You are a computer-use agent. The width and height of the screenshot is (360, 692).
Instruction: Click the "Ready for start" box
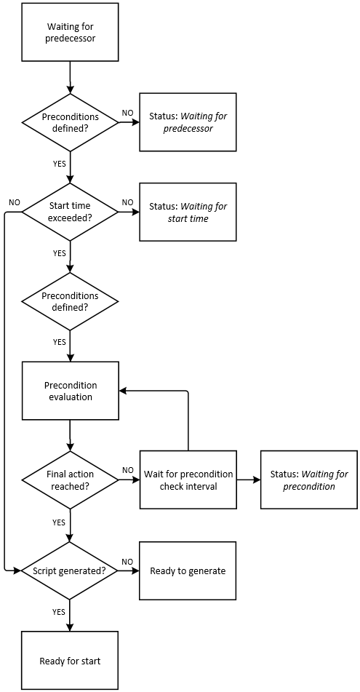70,660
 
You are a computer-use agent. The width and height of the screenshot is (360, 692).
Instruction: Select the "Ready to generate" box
188,570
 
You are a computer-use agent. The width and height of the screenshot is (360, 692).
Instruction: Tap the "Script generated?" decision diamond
70,570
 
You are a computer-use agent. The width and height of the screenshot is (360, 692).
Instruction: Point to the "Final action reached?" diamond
70,480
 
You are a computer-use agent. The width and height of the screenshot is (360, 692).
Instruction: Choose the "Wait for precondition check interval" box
188,480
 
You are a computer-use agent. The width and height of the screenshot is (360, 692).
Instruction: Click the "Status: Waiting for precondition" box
308,480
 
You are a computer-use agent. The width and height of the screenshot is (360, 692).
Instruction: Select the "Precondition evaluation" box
70,391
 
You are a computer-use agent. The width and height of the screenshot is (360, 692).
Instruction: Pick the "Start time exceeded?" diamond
70,212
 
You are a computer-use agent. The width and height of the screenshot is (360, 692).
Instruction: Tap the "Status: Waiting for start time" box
188,212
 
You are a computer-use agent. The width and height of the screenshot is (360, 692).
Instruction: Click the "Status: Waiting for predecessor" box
188,122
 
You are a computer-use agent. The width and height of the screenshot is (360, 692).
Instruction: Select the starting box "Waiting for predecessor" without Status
70,32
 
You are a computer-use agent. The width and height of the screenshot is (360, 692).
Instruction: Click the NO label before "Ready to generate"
127,561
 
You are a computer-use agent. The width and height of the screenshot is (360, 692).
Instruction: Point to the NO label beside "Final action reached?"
127,470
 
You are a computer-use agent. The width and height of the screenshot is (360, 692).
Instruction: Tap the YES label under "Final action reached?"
59,522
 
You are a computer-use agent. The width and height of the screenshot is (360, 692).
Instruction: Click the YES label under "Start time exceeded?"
59,253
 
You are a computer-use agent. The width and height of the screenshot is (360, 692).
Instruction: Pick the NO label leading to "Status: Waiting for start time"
127,202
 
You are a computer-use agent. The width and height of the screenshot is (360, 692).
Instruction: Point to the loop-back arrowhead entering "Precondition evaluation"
124,391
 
